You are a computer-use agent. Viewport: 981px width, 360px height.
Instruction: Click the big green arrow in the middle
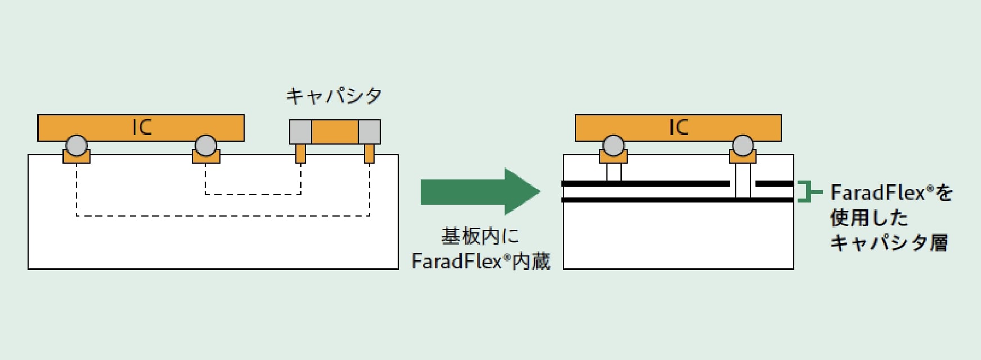(480, 191)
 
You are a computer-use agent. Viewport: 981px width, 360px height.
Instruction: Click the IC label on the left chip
(142, 128)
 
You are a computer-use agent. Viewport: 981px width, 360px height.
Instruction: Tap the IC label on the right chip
(678, 128)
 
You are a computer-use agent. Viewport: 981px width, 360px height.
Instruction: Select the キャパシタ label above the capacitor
(334, 96)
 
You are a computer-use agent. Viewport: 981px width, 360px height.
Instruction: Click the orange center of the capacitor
(335, 132)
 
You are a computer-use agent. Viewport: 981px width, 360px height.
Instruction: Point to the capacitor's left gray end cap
(301, 132)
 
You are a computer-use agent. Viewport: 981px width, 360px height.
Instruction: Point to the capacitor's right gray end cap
(369, 132)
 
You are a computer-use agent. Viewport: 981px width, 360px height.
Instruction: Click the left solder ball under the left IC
(76, 146)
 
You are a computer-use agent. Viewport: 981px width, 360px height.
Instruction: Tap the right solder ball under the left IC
(206, 146)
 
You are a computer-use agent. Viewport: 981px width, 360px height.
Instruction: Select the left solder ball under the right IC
(614, 146)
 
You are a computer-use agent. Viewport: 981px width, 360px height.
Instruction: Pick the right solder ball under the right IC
(743, 146)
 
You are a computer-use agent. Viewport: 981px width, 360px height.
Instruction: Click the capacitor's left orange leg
(301, 153)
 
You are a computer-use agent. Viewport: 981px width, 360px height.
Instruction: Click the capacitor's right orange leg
(369, 153)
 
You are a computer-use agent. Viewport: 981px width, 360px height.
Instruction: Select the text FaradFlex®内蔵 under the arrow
(481, 262)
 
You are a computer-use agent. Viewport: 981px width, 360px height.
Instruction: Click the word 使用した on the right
(869, 218)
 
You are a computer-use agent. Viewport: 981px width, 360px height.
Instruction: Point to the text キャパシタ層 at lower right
(889, 243)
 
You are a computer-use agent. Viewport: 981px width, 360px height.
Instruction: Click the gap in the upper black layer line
(743, 183)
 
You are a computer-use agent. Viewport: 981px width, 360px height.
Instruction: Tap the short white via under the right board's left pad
(614, 172)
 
